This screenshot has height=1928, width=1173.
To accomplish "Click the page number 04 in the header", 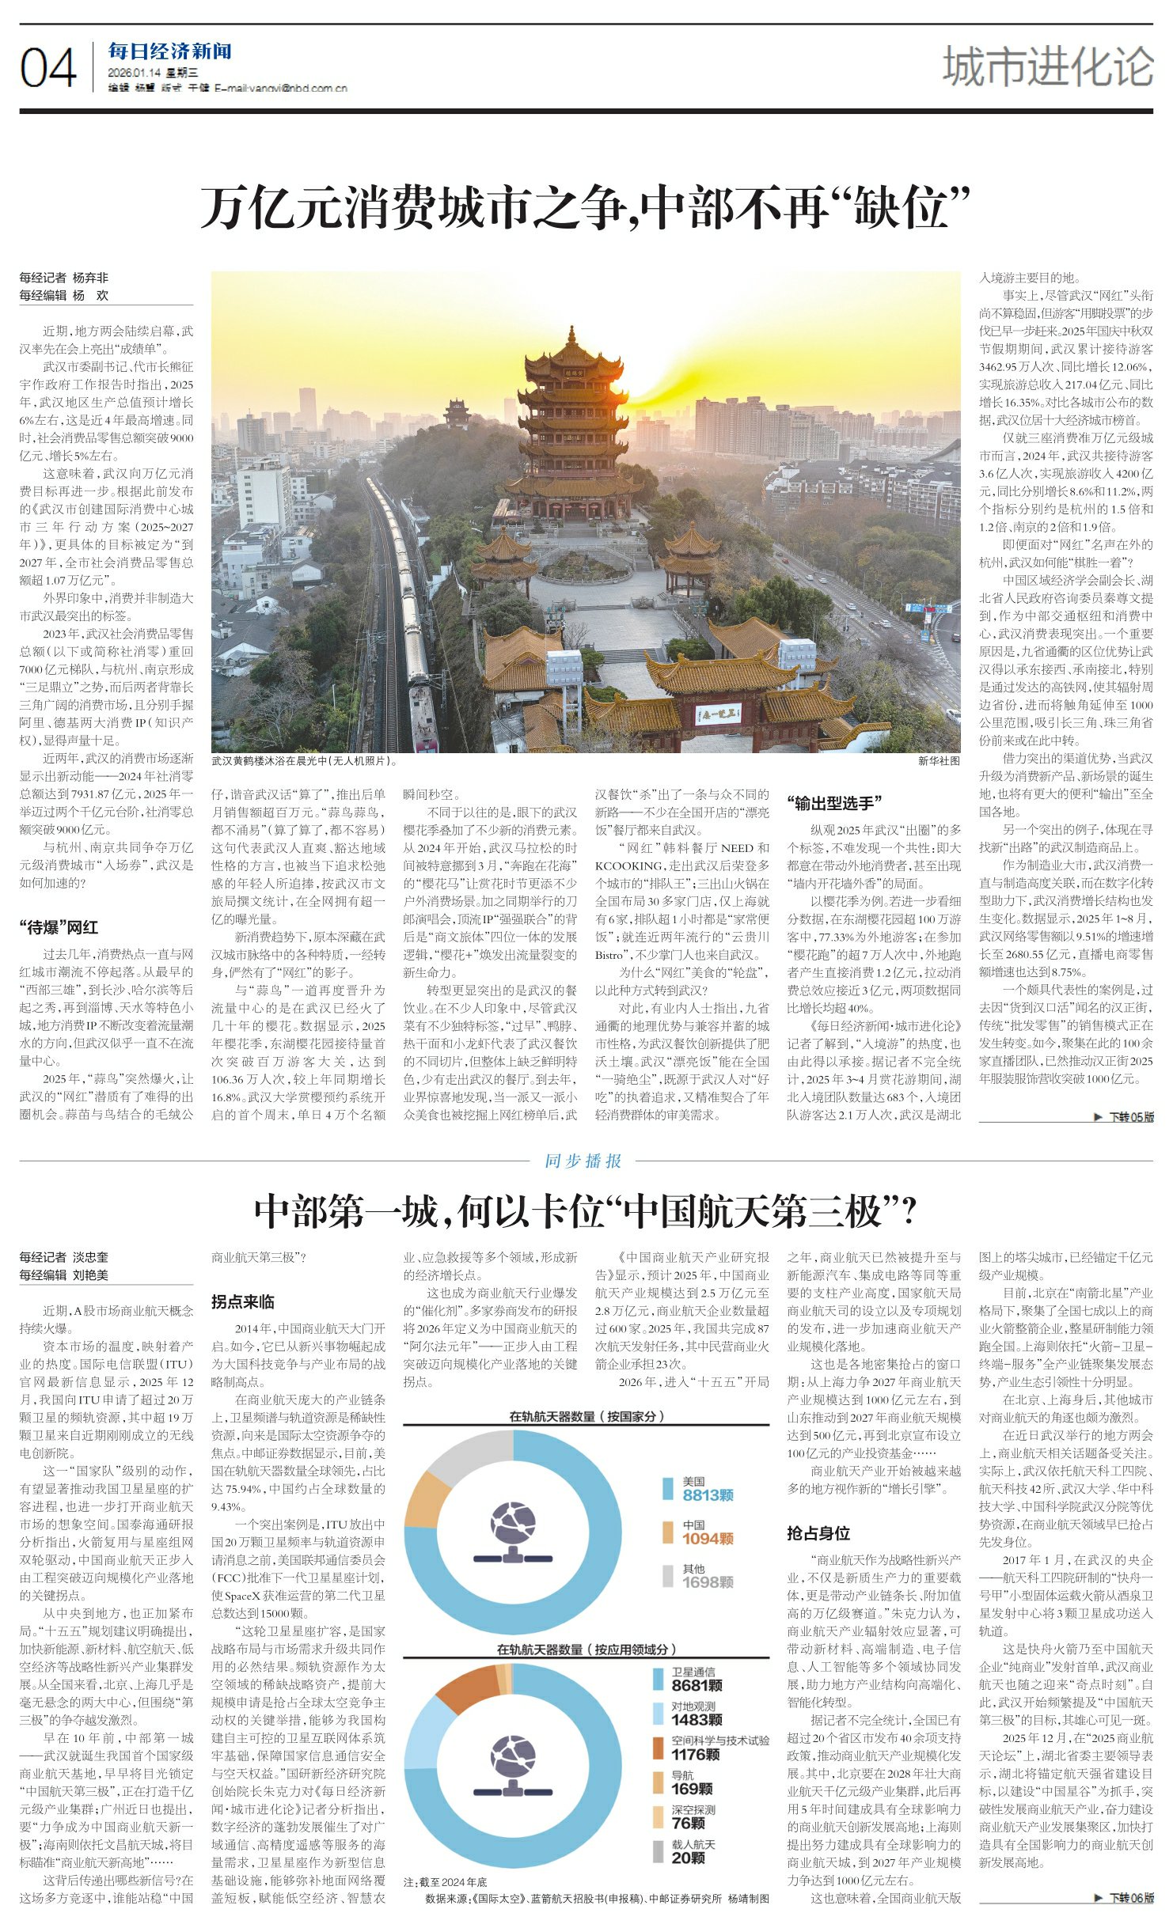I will [48, 68].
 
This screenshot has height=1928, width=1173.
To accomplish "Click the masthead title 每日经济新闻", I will [169, 52].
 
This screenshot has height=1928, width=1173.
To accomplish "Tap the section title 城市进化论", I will [1047, 66].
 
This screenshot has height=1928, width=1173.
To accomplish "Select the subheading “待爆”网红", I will [58, 927].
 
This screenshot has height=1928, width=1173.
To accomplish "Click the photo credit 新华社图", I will [938, 761].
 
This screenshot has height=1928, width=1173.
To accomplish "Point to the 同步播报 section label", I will [583, 1161].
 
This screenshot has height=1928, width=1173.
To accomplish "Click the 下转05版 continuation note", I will [1124, 1116].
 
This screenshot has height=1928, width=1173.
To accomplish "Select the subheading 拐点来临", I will [242, 1301].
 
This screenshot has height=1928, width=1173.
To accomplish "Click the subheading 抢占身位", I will [818, 1533].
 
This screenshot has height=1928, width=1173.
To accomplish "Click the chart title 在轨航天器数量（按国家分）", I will [585, 1416].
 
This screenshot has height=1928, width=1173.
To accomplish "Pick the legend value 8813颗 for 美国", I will [708, 1494].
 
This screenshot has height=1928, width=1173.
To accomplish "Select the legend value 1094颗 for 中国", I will [708, 1538].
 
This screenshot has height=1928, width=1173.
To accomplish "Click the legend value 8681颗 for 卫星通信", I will [697, 1685].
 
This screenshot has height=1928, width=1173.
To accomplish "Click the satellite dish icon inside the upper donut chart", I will [512, 1531].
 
